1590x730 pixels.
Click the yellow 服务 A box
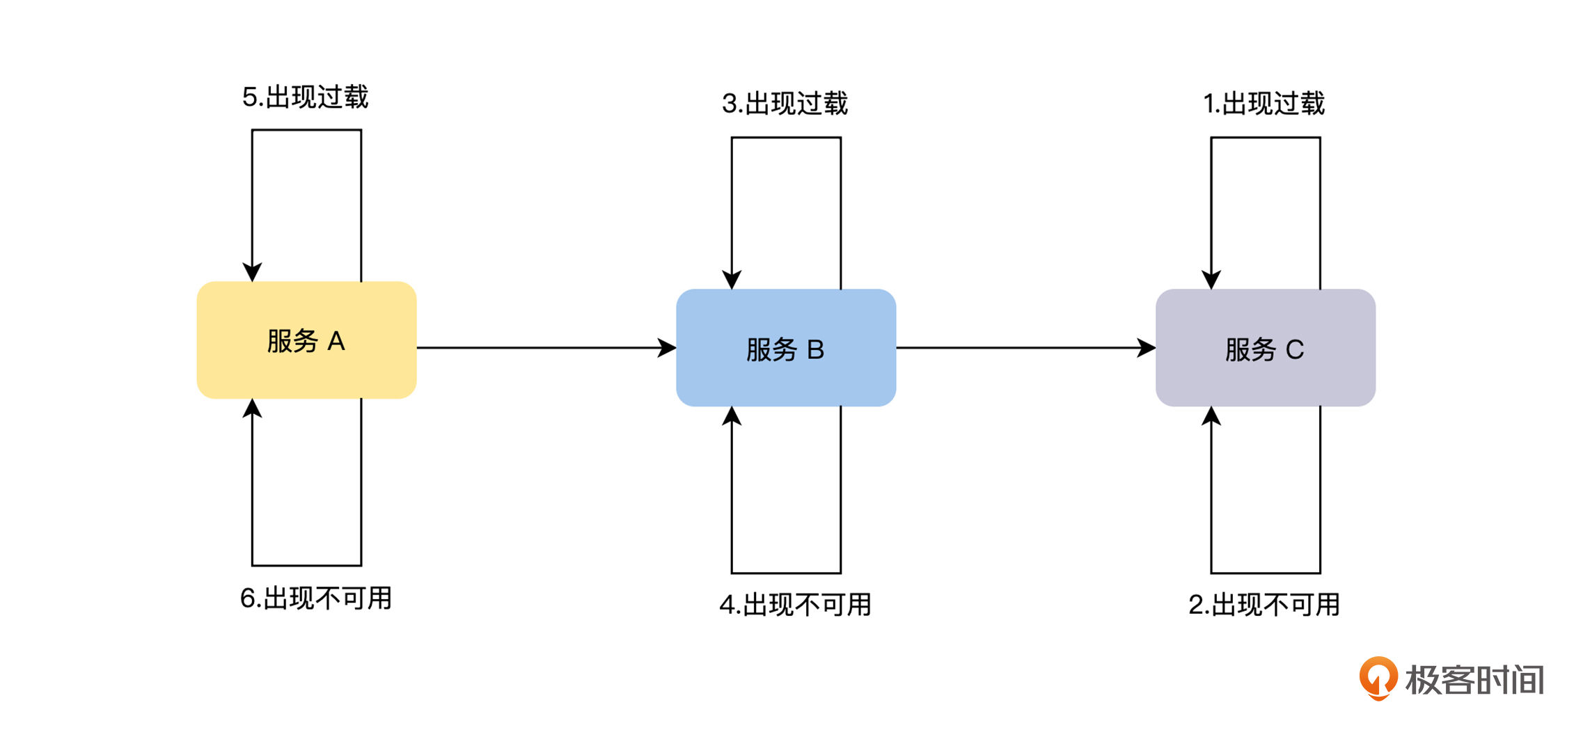[x=306, y=340]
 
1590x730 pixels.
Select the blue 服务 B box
[x=786, y=348]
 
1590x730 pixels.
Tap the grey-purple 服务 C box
[x=1266, y=348]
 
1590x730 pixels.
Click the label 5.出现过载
[x=305, y=97]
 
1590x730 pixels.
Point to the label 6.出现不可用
[x=316, y=598]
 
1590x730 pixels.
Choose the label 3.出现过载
[x=785, y=104]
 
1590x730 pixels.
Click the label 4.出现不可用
[x=796, y=605]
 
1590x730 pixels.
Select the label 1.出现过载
[x=1264, y=104]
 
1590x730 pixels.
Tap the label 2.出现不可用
[x=1264, y=605]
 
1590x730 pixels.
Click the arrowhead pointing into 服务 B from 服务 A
[x=667, y=348]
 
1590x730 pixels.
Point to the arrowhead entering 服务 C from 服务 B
[x=1147, y=348]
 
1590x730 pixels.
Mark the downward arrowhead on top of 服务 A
[x=252, y=272]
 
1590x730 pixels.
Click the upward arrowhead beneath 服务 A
[x=252, y=408]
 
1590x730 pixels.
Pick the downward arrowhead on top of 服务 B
[x=732, y=280]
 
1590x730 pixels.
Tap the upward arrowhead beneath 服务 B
[x=732, y=416]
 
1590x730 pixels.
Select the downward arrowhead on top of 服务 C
[x=1211, y=280]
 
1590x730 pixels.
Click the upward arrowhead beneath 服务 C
[x=1211, y=416]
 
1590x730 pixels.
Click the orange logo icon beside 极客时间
[x=1378, y=678]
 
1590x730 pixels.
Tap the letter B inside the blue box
[x=815, y=349]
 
